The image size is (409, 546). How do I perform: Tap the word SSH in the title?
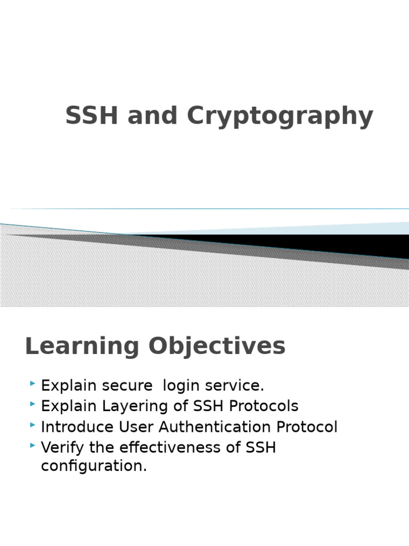click(x=92, y=115)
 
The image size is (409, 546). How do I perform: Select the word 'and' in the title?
click(x=152, y=115)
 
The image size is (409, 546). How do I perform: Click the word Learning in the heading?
click(x=82, y=347)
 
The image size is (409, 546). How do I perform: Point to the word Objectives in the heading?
click(x=217, y=347)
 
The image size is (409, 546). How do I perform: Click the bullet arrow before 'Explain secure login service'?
click(x=32, y=383)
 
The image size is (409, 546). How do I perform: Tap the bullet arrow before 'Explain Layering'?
click(x=32, y=404)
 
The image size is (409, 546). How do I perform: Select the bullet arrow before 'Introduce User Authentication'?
click(x=32, y=425)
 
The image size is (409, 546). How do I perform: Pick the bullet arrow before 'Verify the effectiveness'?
click(x=32, y=445)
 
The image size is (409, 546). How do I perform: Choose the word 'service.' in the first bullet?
click(x=234, y=386)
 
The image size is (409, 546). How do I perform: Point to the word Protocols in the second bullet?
click(x=264, y=406)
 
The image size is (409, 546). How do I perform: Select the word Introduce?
click(x=77, y=427)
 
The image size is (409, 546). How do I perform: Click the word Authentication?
click(x=214, y=427)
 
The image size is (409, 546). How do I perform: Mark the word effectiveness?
click(x=170, y=447)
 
